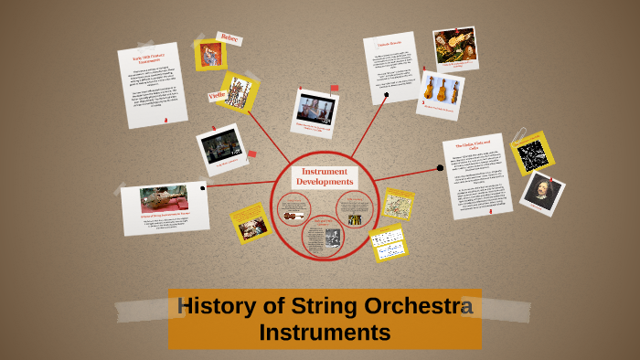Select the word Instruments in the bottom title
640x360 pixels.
point(325,333)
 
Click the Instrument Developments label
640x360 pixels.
point(325,176)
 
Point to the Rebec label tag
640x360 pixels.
point(229,39)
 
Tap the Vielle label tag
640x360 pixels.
point(217,94)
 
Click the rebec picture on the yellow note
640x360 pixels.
point(210,56)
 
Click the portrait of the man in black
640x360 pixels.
point(540,192)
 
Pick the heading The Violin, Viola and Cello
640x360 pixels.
point(475,147)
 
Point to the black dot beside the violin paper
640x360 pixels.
point(440,168)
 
